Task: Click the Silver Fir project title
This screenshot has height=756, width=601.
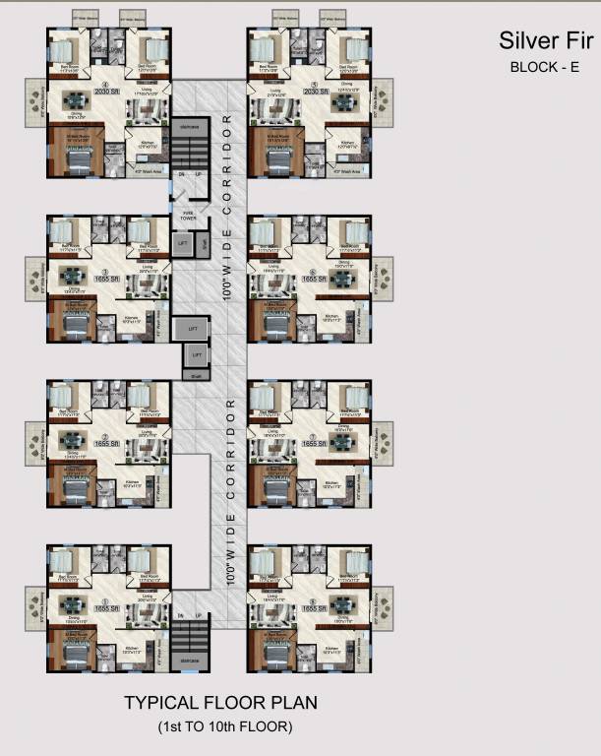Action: [546, 40]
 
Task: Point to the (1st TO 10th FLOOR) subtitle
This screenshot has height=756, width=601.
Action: [225, 726]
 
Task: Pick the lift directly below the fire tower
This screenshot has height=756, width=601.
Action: [183, 243]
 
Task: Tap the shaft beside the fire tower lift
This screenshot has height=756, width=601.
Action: [203, 243]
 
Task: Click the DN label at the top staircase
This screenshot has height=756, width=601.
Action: [180, 174]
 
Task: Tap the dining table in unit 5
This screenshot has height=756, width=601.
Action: [345, 100]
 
